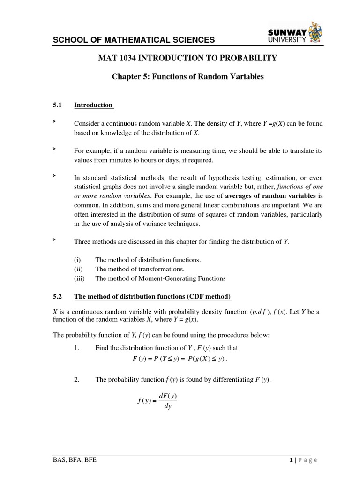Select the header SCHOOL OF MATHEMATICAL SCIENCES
pyautogui.click(x=134, y=40)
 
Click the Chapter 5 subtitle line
pyautogui.click(x=187, y=76)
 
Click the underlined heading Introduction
pyautogui.click(x=93, y=105)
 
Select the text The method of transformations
pyautogui.click(x=140, y=269)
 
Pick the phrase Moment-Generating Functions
pyautogui.click(x=189, y=278)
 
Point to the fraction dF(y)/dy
pyautogui.click(x=167, y=401)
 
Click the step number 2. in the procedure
pyautogui.click(x=77, y=380)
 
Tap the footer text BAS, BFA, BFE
pyautogui.click(x=75, y=460)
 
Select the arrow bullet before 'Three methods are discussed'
pyautogui.click(x=54, y=240)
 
